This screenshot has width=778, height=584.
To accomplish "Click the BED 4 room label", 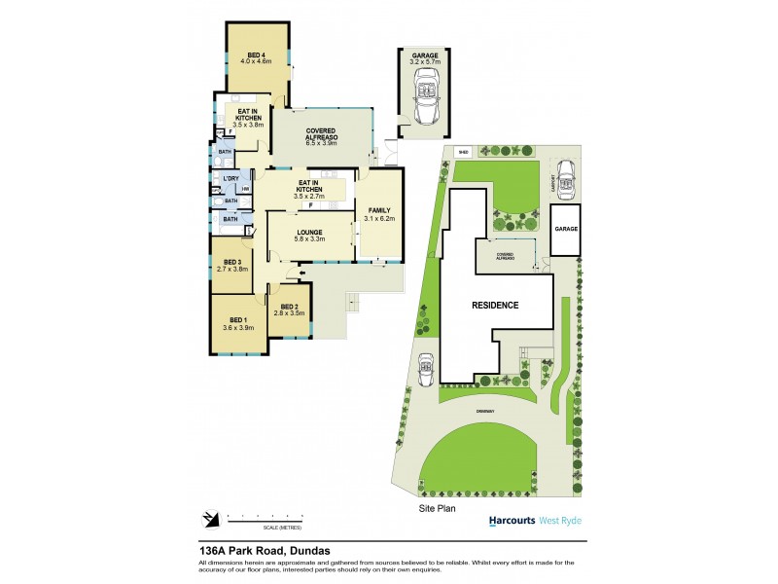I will point(256,54).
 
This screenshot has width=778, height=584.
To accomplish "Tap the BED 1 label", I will point(239,319).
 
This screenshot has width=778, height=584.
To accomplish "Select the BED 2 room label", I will point(289,306).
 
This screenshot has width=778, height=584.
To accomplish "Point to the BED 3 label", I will point(231,262).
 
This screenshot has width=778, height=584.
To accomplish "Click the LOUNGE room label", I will point(310,233).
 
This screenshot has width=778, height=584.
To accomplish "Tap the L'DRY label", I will point(230,179).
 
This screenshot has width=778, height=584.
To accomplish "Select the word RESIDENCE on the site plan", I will point(495,305).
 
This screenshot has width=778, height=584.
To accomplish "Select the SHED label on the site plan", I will point(463,152).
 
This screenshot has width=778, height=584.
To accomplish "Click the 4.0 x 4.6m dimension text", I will point(256,61).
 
